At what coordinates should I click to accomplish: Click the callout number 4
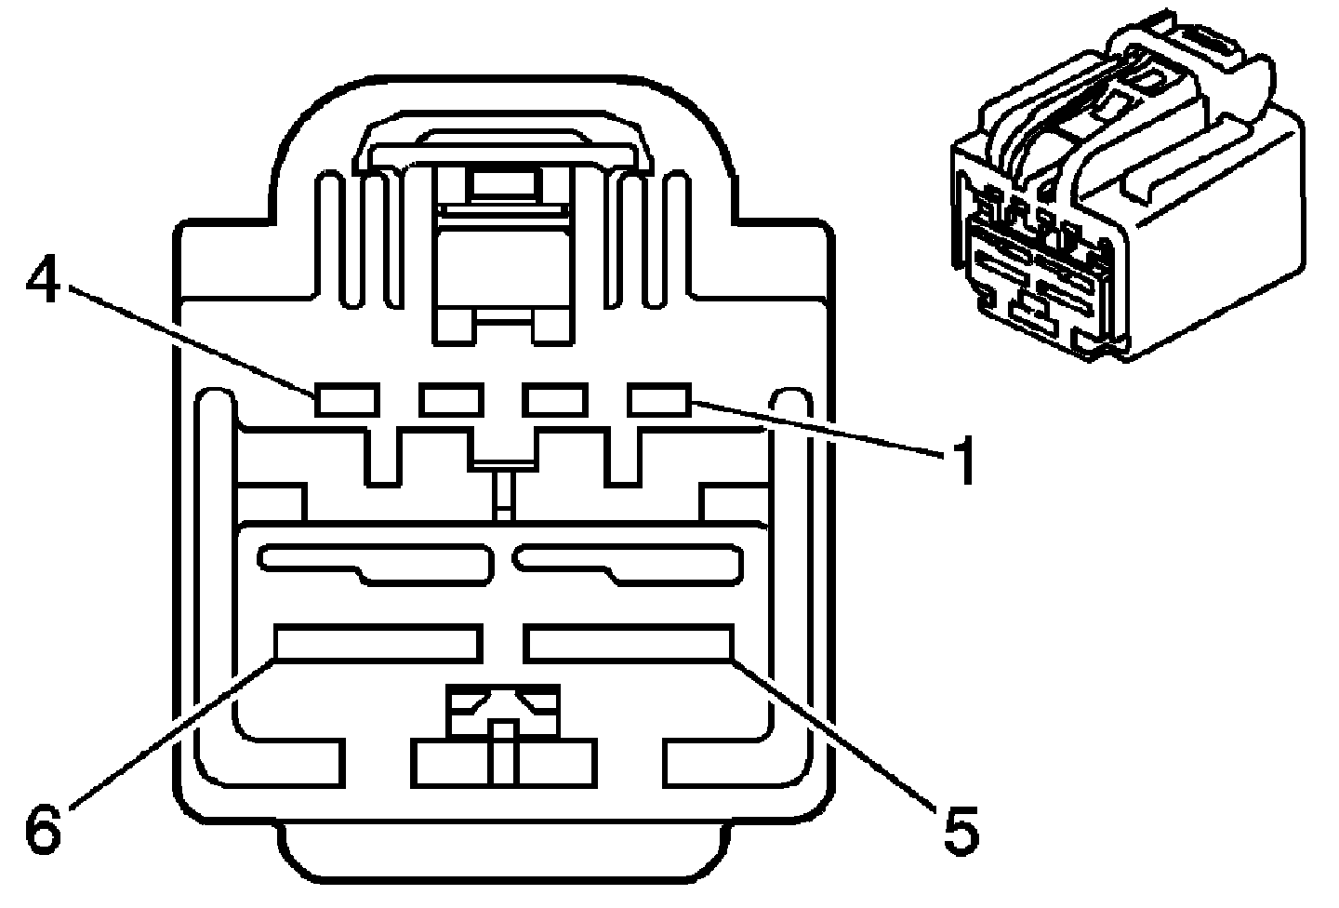click(43, 282)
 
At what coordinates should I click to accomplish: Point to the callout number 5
click(961, 830)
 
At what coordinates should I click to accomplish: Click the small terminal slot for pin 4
click(346, 400)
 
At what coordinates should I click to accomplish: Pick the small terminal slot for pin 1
click(658, 399)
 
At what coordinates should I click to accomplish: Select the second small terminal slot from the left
click(450, 400)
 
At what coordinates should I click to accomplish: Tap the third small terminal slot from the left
click(554, 400)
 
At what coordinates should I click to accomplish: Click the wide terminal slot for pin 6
click(378, 643)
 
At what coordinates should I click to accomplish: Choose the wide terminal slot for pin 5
click(629, 643)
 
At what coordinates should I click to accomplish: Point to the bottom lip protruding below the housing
click(502, 851)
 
